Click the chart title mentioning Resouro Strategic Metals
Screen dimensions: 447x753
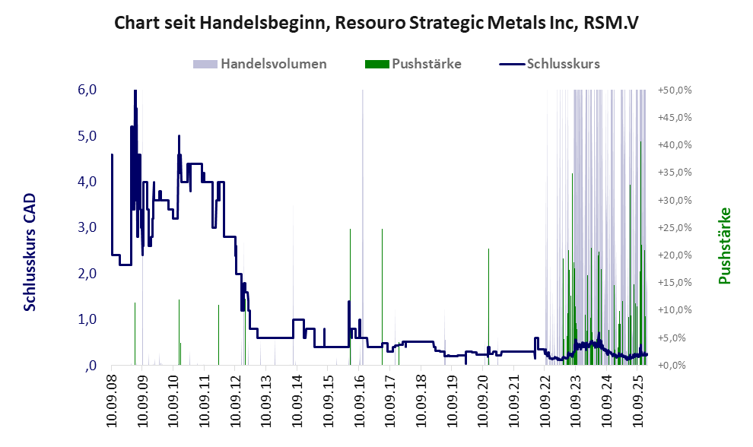click(376, 23)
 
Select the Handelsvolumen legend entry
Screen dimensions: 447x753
click(273, 64)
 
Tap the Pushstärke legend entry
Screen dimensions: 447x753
click(426, 64)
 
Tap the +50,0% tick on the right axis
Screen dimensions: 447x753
click(675, 90)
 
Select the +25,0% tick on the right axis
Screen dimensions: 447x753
click(675, 227)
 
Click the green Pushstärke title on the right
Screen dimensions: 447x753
click(724, 246)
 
